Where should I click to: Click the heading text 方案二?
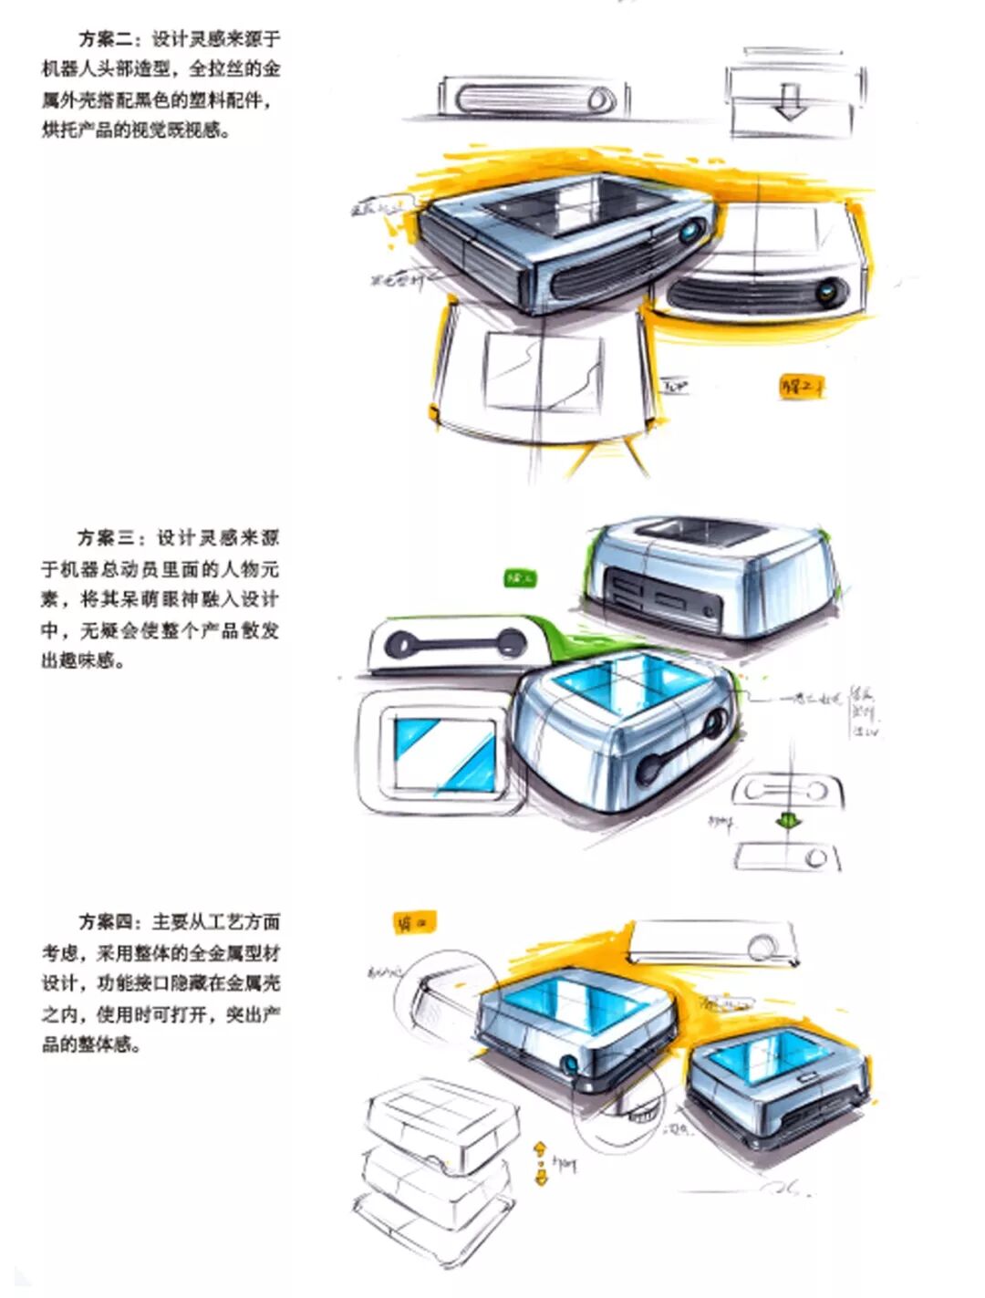107,39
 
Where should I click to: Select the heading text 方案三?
107,538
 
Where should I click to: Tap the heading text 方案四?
107,922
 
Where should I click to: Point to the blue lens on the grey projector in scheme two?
694,229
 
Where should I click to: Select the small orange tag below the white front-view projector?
800,387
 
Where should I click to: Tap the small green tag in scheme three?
521,577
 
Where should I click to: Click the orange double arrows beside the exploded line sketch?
540,1161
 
